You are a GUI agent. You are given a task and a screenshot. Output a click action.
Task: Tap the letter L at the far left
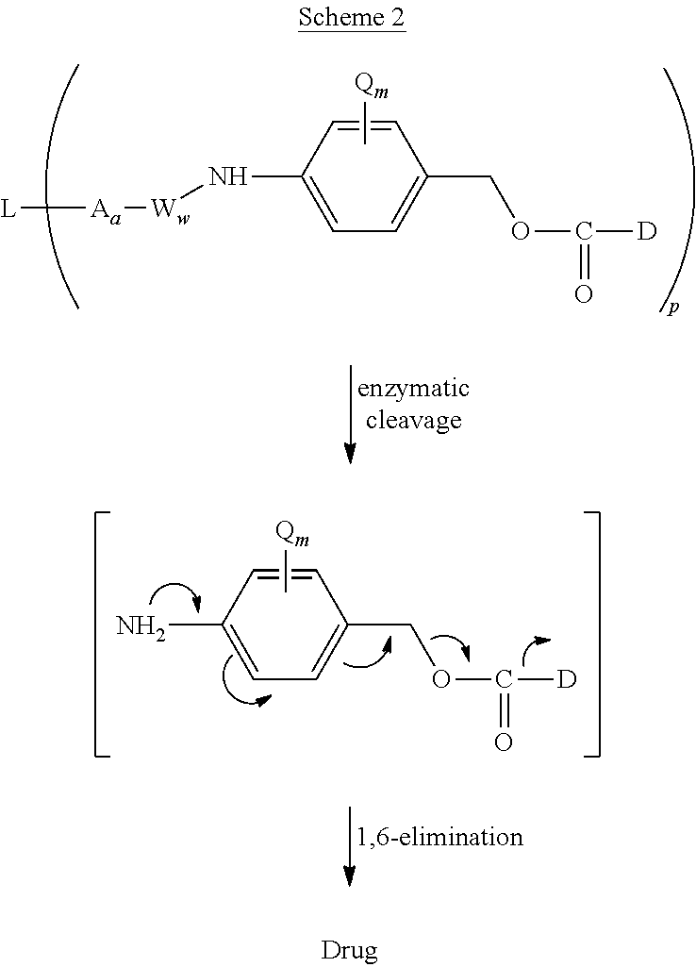[x=8, y=209]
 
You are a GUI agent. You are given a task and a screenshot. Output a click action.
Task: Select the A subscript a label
[x=105, y=211]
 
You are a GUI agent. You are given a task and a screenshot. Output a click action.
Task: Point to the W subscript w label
[x=166, y=211]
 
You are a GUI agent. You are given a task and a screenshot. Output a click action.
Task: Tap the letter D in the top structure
[x=646, y=231]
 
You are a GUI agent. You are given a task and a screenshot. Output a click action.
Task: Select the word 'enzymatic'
[x=414, y=389]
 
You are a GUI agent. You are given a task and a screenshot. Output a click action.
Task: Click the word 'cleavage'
[x=414, y=420]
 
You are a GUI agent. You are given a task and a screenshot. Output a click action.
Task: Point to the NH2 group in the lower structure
[x=141, y=625]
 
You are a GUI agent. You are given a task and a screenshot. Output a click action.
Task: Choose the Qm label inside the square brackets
[x=290, y=534]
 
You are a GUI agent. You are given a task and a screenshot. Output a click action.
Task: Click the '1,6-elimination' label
[x=439, y=837]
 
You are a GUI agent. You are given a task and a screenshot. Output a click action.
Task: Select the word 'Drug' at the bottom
[x=349, y=949]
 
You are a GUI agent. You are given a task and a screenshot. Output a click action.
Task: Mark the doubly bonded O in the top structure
[x=584, y=293]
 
